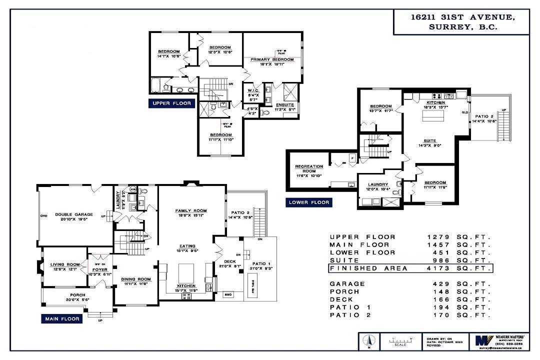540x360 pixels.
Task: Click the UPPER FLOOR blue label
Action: pyautogui.click(x=171, y=103)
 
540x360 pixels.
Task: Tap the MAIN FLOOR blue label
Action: pyautogui.click(x=62, y=318)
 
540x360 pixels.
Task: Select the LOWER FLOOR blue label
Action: pyautogui.click(x=309, y=202)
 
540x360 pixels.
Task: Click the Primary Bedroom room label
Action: pyautogui.click(x=272, y=59)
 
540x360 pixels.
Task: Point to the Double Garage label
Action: pyautogui.click(x=74, y=214)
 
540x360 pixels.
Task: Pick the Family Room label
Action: pyautogui.click(x=190, y=210)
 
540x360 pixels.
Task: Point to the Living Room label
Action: pyautogui.click(x=65, y=264)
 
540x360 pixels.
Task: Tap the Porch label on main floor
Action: pyautogui.click(x=77, y=295)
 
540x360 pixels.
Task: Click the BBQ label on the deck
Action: pyautogui.click(x=229, y=294)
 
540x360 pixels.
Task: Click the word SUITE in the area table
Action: pyautogui.click(x=343, y=260)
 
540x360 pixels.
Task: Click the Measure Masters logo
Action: pyautogui.click(x=483, y=340)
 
